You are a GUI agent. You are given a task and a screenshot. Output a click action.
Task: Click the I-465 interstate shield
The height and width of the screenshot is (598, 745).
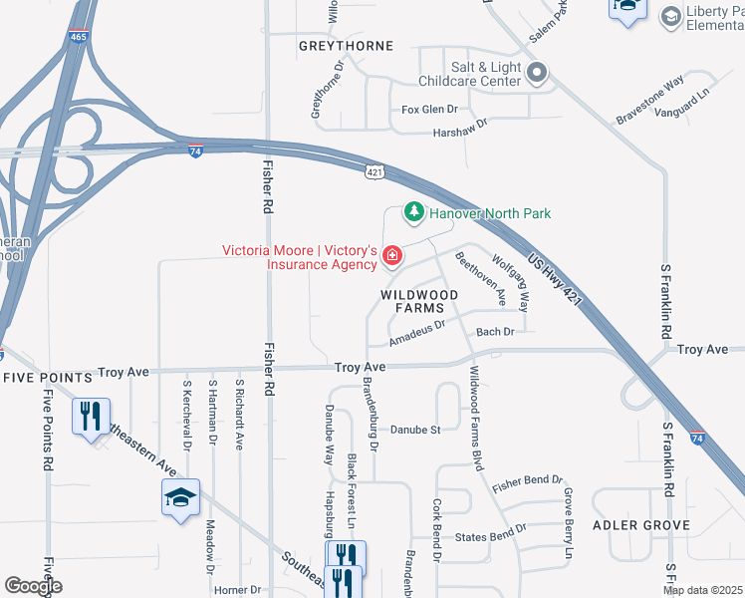tap(78, 37)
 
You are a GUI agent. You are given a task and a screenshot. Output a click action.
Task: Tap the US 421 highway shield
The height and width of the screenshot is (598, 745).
tap(373, 172)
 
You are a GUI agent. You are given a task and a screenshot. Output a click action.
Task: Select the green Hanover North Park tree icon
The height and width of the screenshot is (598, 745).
tap(411, 212)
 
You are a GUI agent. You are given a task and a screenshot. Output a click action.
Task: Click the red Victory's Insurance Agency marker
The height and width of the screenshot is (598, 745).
tap(392, 258)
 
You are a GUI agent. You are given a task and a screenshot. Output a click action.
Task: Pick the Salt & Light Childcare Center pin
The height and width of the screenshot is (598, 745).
tap(537, 72)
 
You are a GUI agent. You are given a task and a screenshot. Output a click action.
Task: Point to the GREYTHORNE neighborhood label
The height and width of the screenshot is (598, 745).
tap(346, 46)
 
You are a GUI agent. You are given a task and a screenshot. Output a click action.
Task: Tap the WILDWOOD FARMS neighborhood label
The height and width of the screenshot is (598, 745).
tap(419, 302)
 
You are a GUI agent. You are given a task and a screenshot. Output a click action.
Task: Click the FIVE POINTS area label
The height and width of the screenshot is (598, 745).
tap(46, 378)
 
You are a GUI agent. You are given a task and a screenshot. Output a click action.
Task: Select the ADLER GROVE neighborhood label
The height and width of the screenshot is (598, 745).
tap(640, 524)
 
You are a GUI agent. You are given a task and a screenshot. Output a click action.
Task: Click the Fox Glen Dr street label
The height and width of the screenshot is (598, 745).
tap(429, 110)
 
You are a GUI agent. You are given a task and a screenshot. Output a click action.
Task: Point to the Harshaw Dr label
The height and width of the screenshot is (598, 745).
tap(459, 132)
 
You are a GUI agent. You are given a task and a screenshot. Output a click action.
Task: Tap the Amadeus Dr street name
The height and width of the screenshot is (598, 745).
tap(416, 333)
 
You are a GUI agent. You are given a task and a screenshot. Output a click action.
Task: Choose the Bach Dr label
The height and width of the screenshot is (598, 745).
tap(495, 332)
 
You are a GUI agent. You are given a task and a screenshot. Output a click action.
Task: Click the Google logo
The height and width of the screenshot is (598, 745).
tap(33, 586)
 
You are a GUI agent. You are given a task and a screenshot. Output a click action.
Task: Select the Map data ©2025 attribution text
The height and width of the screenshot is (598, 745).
tap(702, 590)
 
